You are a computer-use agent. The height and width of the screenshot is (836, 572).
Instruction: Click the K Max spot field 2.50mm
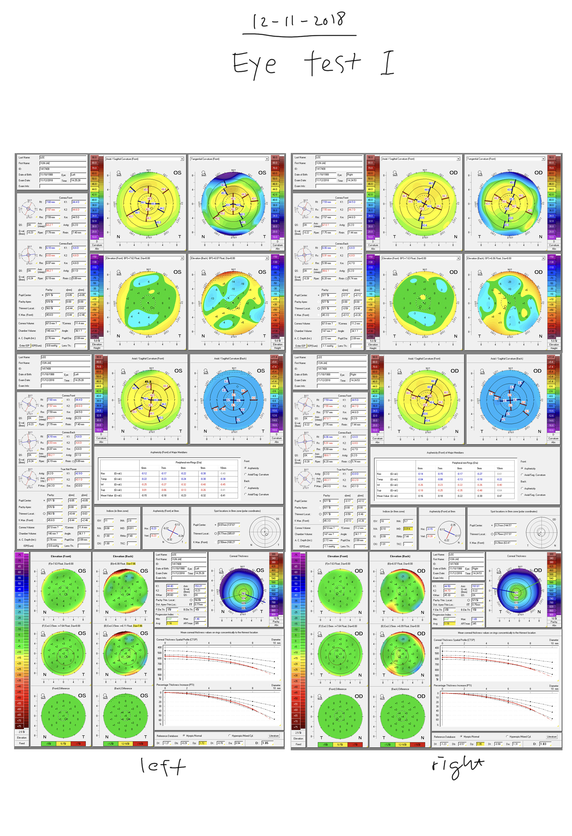click(x=227, y=542)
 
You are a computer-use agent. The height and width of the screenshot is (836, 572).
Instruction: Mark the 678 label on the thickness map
click(x=517, y=607)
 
